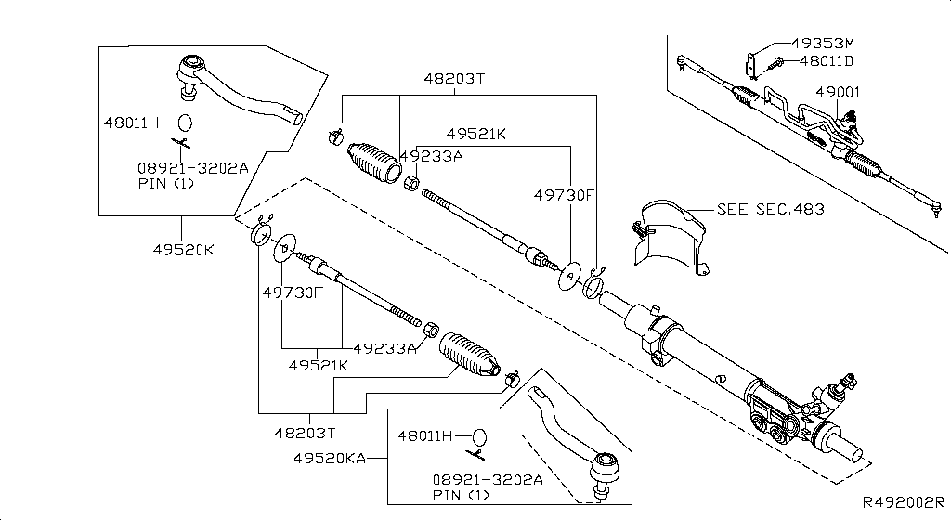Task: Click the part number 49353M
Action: point(822,43)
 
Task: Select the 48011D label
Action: point(821,61)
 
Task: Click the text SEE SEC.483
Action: point(770,209)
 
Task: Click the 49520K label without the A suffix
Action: point(183,249)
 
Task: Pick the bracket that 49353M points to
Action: point(749,64)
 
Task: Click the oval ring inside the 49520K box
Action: point(185,122)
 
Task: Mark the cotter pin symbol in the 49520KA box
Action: point(476,455)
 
